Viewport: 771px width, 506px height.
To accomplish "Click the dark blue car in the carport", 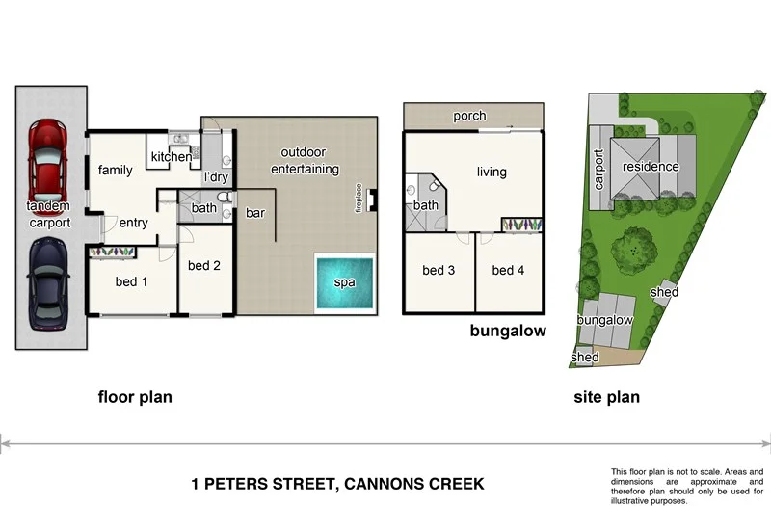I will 48,286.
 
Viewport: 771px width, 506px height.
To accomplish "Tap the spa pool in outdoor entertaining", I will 344,281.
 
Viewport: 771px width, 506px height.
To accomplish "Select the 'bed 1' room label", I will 132,282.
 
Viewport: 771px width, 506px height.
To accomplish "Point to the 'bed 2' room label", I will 205,265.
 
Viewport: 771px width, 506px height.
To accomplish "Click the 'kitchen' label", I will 171,157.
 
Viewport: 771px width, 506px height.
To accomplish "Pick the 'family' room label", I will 115,171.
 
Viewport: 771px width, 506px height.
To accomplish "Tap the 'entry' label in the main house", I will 133,223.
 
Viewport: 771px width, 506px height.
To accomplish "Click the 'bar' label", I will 255,212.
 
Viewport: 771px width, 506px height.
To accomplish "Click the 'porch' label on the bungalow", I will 469,117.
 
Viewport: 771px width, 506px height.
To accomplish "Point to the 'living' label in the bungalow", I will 492,173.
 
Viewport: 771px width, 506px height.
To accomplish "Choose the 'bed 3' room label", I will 439,270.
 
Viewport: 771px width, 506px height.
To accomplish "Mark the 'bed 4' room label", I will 508,270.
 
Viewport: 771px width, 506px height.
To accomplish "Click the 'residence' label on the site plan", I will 650,167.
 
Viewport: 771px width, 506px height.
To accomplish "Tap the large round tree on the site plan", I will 632,248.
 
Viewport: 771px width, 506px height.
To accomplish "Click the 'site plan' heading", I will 606,396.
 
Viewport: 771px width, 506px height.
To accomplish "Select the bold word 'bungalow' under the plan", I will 508,331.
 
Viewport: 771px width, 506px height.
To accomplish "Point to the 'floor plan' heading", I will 135,396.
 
